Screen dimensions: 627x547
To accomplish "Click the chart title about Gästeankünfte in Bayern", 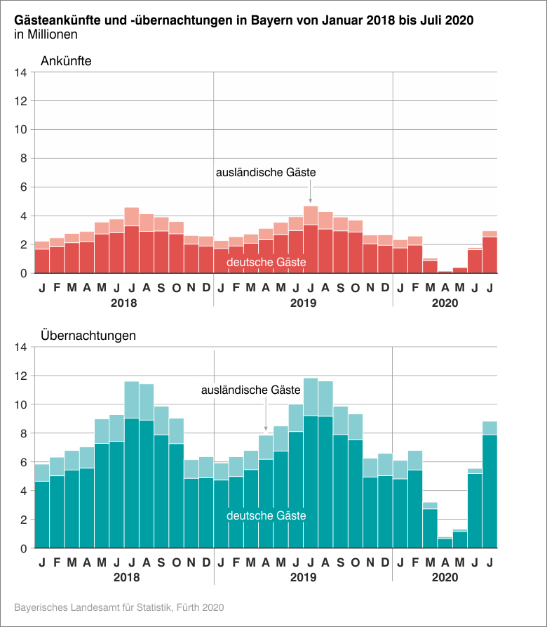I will pyautogui.click(x=243, y=20).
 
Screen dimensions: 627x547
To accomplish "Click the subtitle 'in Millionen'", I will pyautogui.click(x=46, y=34).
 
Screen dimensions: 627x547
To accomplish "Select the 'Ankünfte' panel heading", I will pyautogui.click(x=66, y=61).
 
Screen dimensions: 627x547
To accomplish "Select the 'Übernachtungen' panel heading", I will pyautogui.click(x=88, y=336).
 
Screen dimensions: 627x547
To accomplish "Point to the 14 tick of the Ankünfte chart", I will pyautogui.click(x=20, y=72).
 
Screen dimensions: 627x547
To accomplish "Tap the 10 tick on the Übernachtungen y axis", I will pyautogui.click(x=20, y=404).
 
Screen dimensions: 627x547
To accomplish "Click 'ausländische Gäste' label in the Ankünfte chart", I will pyautogui.click(x=266, y=172).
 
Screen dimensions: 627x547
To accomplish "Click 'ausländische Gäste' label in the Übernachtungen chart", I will pyautogui.click(x=250, y=390).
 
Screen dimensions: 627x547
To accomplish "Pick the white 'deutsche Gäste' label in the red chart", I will pyautogui.click(x=266, y=263).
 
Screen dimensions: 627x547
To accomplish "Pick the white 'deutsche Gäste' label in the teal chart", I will pyautogui.click(x=266, y=516).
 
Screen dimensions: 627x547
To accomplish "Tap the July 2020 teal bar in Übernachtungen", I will pyautogui.click(x=490, y=491).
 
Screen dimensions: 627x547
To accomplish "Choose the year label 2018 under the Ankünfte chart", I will pyautogui.click(x=123, y=303).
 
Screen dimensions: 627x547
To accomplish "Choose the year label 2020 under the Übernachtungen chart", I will pyautogui.click(x=445, y=578).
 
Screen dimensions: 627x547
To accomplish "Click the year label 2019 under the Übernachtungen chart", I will pyautogui.click(x=303, y=578).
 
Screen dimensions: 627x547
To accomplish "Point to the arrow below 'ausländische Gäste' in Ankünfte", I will pyautogui.click(x=311, y=193).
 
